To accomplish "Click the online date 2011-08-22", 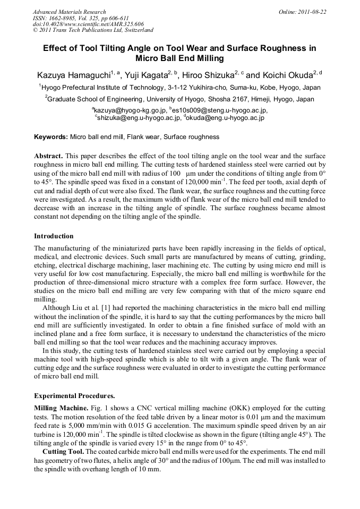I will [310, 11].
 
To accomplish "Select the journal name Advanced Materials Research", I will [69, 11].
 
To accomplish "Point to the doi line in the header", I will [88, 24].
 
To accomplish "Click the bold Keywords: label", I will [51, 137].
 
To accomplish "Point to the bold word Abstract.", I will [48, 157].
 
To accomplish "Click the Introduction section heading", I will [54, 236].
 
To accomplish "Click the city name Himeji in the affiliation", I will [251, 99].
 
